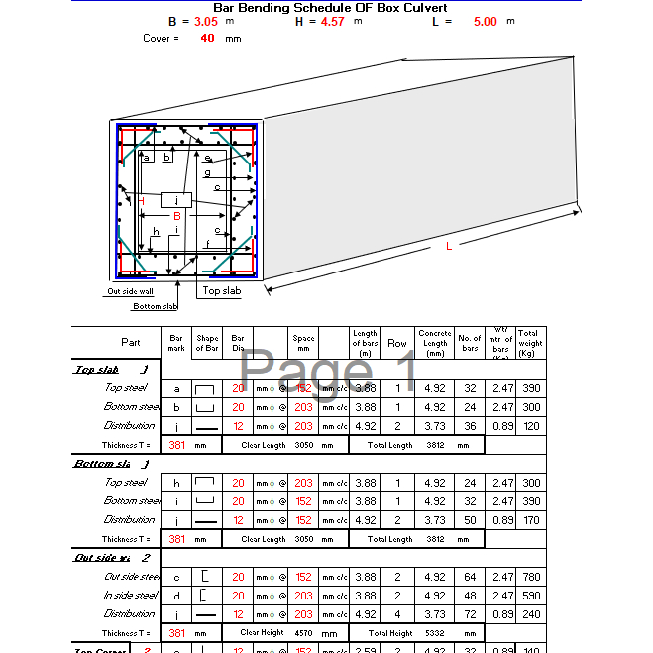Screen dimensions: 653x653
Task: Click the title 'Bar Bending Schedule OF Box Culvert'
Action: point(330,8)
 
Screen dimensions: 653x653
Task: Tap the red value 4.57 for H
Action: point(333,21)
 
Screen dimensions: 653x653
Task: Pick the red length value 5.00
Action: point(486,21)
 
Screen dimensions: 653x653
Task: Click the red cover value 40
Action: point(207,39)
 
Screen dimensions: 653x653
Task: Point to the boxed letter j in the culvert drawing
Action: point(175,200)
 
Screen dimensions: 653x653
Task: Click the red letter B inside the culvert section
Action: point(177,216)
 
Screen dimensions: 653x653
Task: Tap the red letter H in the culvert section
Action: point(142,201)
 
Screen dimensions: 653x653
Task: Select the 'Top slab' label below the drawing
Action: point(221,291)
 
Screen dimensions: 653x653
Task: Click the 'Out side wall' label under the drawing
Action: point(130,291)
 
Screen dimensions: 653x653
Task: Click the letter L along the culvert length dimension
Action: point(449,245)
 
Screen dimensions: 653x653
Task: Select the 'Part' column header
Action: point(130,342)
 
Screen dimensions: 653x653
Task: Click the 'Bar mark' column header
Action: point(176,342)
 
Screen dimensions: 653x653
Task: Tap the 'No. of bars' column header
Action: point(470,342)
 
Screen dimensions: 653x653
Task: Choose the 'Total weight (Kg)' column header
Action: point(530,342)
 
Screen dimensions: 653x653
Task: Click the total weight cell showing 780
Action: point(530,577)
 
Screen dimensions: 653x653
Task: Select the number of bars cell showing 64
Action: point(470,577)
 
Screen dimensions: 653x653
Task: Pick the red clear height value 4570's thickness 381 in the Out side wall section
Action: point(176,633)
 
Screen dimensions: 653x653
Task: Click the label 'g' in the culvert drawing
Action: point(207,173)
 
